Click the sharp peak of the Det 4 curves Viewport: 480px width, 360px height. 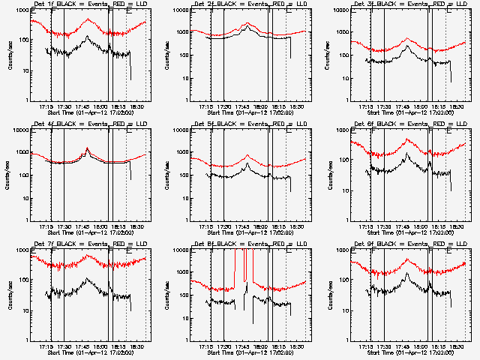(87, 148)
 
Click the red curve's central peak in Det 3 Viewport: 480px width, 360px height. (406, 39)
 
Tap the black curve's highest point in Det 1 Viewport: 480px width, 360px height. (88, 36)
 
